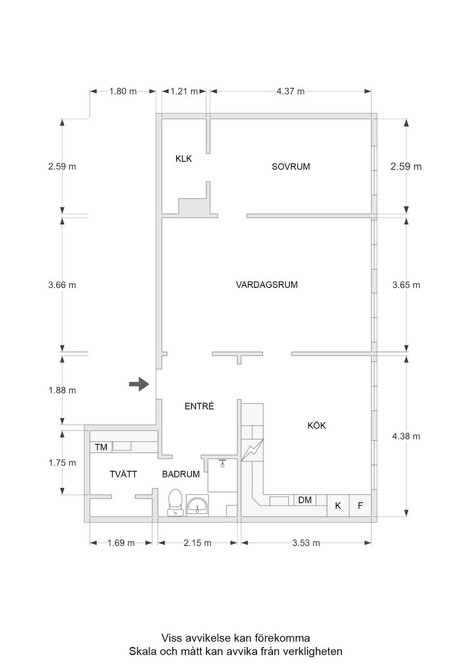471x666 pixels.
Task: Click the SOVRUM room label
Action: [290, 167]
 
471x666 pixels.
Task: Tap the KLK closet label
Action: [183, 159]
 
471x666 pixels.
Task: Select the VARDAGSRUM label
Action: [266, 284]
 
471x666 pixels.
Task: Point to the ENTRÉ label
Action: [199, 406]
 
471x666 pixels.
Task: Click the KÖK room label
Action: [316, 426]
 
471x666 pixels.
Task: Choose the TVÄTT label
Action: [123, 474]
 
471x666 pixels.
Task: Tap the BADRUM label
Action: [181, 474]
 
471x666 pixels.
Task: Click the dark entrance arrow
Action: [139, 384]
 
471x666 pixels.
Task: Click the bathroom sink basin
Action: [197, 505]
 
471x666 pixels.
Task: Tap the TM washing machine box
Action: [101, 447]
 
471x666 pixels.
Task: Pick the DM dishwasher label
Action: [305, 500]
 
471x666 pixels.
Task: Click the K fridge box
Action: [338, 506]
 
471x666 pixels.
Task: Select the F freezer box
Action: [360, 506]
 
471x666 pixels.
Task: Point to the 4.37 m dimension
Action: [290, 91]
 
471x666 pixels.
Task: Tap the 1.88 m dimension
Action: [62, 390]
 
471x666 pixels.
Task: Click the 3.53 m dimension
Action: [306, 543]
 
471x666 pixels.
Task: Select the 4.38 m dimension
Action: [406, 436]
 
